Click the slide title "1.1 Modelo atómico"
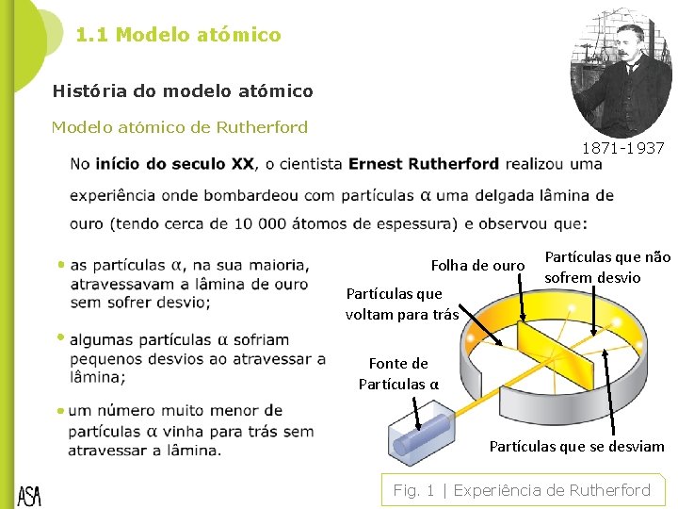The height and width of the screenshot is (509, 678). click(178, 35)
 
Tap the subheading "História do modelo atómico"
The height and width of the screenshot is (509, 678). click(183, 91)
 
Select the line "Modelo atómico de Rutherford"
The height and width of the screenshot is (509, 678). click(179, 127)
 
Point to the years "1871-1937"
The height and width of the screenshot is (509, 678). click(622, 148)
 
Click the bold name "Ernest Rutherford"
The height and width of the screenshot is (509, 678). click(423, 164)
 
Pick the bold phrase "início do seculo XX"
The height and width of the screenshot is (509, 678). click(174, 164)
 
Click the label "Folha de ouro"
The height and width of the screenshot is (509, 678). click(477, 266)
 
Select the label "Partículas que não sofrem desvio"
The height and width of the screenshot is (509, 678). click(607, 267)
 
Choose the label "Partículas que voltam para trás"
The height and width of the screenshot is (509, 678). click(401, 304)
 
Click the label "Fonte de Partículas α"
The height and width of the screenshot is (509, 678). click(398, 373)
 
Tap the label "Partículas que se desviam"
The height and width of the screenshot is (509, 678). click(576, 446)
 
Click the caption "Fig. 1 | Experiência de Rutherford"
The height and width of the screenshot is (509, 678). click(522, 490)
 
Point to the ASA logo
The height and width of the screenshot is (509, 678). click(29, 496)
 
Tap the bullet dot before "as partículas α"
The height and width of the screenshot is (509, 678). click(60, 265)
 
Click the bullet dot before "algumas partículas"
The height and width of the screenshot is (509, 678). click(60, 337)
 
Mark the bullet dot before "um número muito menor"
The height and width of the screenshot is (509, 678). click(60, 411)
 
